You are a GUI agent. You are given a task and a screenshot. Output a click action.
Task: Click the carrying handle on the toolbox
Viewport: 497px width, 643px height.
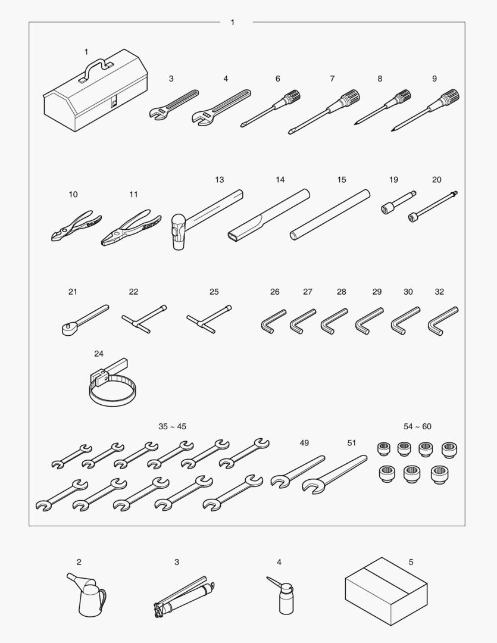[97, 65]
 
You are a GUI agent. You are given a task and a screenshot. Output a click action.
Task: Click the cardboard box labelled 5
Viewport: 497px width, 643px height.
[386, 591]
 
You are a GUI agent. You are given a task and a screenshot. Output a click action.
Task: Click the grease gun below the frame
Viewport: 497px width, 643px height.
[184, 597]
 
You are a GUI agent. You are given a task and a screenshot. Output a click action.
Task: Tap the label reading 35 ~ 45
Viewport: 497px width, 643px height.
[172, 426]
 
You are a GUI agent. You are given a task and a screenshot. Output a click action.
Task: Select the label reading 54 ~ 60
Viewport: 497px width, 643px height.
[417, 426]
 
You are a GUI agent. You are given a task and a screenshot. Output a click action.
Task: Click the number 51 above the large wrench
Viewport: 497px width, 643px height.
[352, 443]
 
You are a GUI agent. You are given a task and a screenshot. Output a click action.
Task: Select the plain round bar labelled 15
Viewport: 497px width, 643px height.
[330, 214]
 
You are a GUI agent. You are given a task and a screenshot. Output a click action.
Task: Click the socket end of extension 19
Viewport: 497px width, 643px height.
[387, 209]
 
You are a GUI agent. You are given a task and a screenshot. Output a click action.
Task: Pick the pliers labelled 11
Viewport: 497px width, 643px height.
[130, 229]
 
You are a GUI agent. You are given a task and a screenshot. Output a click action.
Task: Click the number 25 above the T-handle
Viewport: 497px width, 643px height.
[214, 292]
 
